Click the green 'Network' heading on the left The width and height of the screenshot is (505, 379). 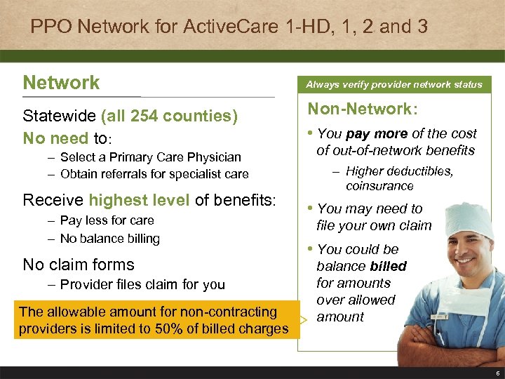coord(62,83)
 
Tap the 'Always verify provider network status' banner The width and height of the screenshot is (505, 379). coord(393,84)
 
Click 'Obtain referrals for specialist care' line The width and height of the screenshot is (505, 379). coord(154,174)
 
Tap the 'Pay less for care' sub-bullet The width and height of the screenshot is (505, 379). coord(107,220)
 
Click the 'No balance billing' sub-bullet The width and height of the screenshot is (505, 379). coord(109,239)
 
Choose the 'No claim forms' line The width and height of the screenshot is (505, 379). coord(79,265)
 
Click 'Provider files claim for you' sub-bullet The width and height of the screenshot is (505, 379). coord(142,284)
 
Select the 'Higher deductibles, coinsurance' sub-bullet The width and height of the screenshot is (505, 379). coord(399,179)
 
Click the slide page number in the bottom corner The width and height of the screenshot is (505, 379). coord(497,373)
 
